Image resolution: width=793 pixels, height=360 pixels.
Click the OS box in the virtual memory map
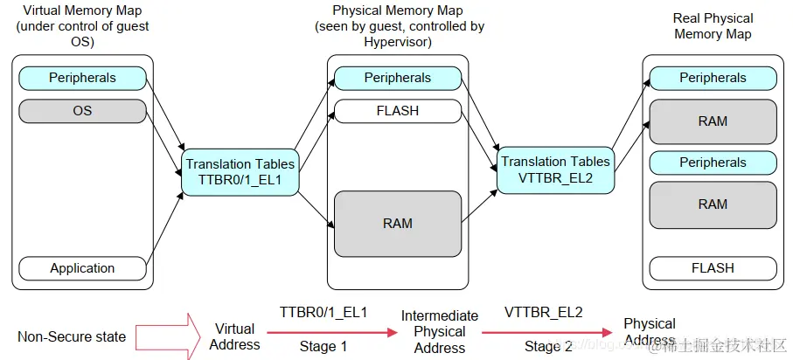pyautogui.click(x=82, y=111)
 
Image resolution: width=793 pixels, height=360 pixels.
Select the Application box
pyautogui.click(x=82, y=268)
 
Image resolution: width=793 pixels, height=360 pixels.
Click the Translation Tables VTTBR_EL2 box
pyautogui.click(x=554, y=170)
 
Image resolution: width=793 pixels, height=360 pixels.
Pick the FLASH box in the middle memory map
pyautogui.click(x=398, y=111)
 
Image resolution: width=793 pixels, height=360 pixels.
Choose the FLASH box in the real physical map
pyautogui.click(x=713, y=268)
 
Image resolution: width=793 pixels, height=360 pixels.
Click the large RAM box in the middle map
pyautogui.click(x=398, y=224)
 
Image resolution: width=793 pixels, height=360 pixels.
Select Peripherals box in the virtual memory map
pyautogui.click(x=82, y=78)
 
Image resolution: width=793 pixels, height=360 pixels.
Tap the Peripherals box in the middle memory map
pyautogui.click(x=398, y=78)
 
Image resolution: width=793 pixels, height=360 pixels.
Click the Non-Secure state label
pyautogui.click(x=72, y=336)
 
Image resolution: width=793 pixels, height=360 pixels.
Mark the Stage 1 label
pyautogui.click(x=323, y=346)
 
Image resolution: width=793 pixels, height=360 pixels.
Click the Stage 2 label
pyautogui.click(x=548, y=346)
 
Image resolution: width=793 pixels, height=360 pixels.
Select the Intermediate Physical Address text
pyautogui.click(x=439, y=331)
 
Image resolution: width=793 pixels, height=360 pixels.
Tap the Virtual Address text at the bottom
pyautogui.click(x=234, y=336)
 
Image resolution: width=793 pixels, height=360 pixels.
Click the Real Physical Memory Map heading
pyautogui.click(x=713, y=25)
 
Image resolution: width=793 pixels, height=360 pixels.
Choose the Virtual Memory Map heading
pyautogui.click(x=82, y=25)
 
